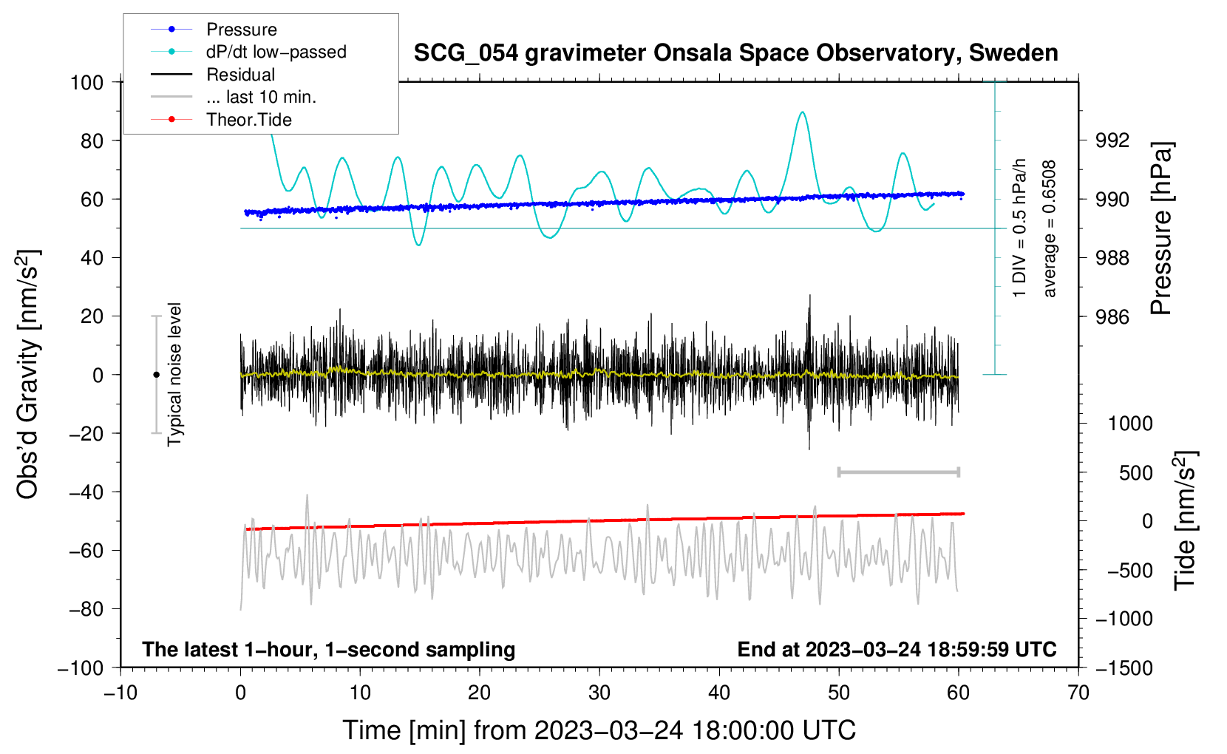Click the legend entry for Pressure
[241, 30]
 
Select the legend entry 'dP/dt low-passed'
[276, 52]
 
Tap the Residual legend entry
[240, 75]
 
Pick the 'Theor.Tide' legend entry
[248, 120]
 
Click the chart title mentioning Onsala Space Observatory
[735, 53]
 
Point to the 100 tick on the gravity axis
[87, 82]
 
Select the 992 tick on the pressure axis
[1112, 140]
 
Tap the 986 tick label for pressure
[1112, 317]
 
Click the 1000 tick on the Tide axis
[1130, 424]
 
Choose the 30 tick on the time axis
[599, 693]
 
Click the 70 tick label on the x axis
[1078, 693]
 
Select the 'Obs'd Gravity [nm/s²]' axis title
[28, 374]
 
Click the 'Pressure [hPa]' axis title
[1161, 228]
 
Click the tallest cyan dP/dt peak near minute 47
[802, 112]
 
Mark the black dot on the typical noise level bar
[156, 375]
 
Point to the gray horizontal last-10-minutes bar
[898, 472]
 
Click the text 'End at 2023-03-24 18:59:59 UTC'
[897, 649]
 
